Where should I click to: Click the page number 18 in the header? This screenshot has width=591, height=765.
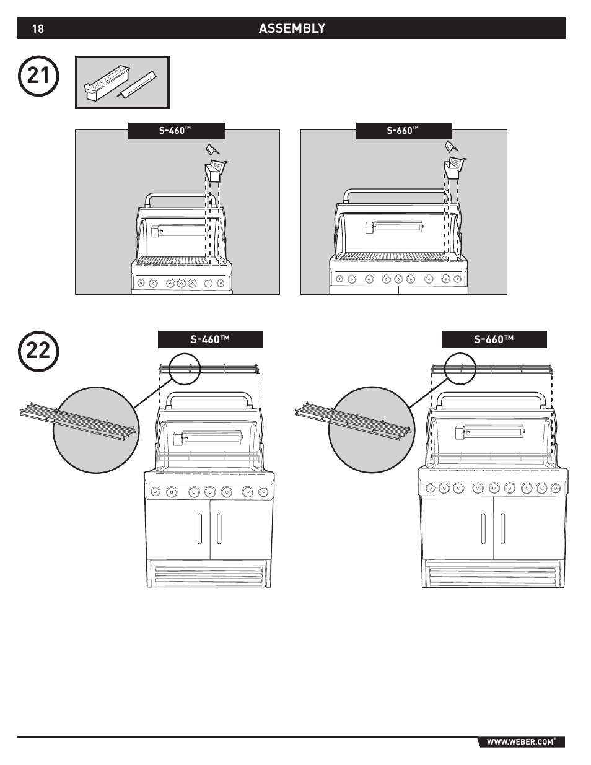click(x=38, y=28)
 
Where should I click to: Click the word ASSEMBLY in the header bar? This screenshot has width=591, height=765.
click(x=292, y=28)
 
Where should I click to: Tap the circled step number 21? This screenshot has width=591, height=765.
click(x=38, y=77)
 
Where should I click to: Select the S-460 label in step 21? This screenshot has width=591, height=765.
click(x=176, y=131)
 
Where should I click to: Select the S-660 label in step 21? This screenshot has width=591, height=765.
click(x=403, y=131)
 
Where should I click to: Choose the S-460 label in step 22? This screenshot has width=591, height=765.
click(x=210, y=339)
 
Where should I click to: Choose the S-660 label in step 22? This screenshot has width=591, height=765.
click(x=494, y=339)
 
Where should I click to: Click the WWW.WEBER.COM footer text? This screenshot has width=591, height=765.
click(x=519, y=741)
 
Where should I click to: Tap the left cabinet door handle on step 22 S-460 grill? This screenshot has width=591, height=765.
click(x=200, y=528)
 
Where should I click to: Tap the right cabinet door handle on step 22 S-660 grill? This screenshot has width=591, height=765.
click(x=501, y=528)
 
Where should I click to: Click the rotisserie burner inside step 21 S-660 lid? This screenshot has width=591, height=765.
click(x=394, y=227)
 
